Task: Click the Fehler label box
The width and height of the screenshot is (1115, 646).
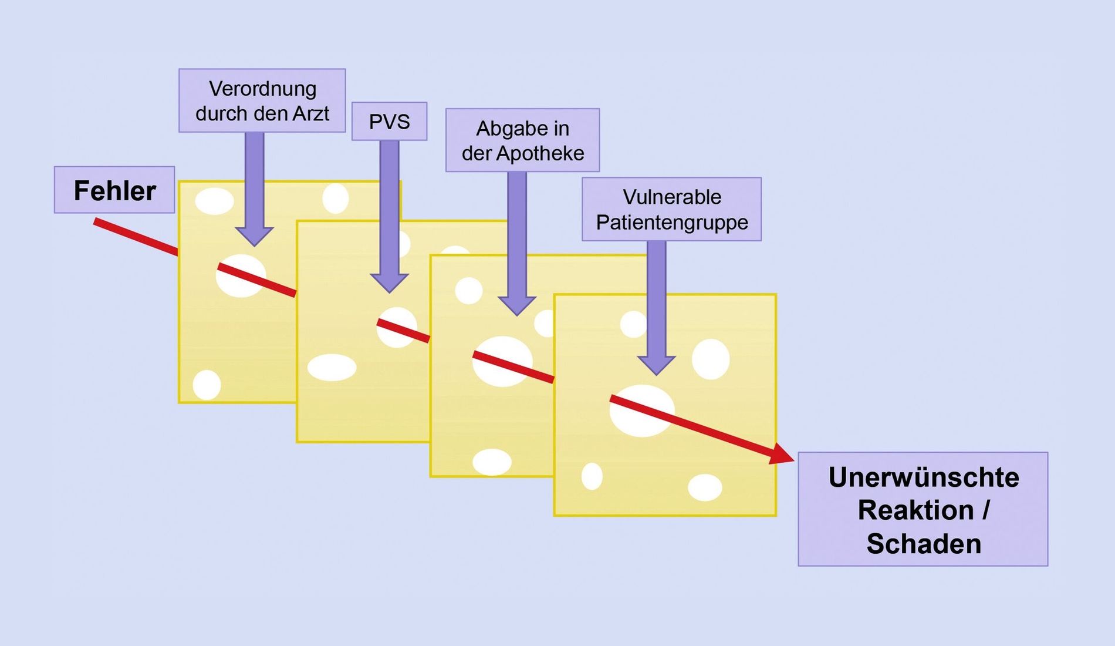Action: tap(114, 190)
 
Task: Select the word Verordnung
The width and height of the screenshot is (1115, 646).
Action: tap(262, 89)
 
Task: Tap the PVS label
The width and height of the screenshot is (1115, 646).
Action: tap(389, 122)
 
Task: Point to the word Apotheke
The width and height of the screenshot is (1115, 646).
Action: tap(540, 153)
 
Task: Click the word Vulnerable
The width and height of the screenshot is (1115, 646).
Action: tap(672, 197)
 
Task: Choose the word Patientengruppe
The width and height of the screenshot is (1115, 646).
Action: tap(672, 223)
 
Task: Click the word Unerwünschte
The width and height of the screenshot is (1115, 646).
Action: tap(923, 477)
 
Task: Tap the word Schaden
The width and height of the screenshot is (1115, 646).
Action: tap(923, 544)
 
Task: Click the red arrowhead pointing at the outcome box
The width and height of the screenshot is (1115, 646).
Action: tap(782, 454)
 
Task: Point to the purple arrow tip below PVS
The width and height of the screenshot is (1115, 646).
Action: tap(389, 292)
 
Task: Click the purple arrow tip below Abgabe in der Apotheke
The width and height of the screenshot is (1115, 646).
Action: tap(516, 315)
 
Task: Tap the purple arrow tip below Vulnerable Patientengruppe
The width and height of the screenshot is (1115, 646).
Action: tap(656, 374)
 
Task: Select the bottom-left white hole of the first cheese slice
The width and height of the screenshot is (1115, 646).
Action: tap(207, 385)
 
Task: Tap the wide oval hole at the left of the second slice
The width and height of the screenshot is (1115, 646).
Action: tap(332, 368)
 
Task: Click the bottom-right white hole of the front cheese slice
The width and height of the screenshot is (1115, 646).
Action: tap(705, 487)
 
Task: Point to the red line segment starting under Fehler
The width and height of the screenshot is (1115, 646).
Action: tap(136, 237)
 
